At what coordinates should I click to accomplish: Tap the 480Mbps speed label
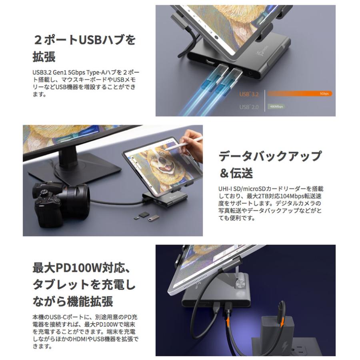pyautogui.click(x=276, y=107)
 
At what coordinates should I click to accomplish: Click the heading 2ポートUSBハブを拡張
pyautogui.click(x=84, y=48)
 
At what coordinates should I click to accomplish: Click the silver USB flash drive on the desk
pyautogui.click(x=153, y=218)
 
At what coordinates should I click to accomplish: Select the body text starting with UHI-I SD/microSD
pyautogui.click(x=268, y=203)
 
